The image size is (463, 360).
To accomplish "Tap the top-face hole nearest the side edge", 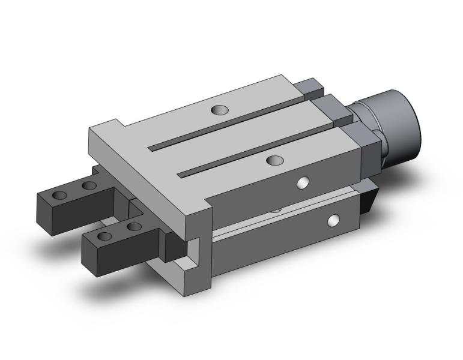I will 274,160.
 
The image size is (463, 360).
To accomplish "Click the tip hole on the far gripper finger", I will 60,196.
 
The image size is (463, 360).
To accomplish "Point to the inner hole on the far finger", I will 89,185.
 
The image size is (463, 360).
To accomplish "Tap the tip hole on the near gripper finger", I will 106,236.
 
